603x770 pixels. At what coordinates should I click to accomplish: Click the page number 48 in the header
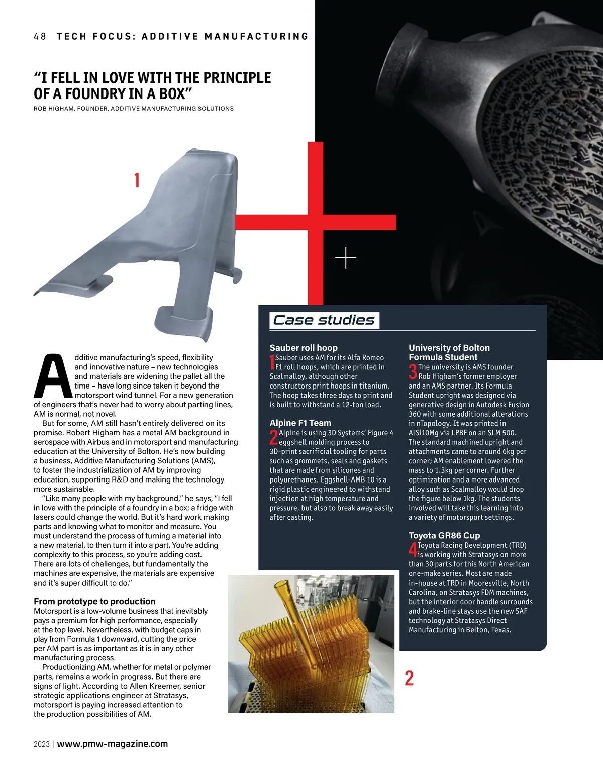[x=40, y=36]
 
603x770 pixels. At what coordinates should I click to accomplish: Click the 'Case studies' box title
[x=324, y=320]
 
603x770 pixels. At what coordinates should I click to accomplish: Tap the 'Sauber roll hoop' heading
[x=304, y=348]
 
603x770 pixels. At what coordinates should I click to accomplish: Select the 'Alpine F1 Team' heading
[x=300, y=423]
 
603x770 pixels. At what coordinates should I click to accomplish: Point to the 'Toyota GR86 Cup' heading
[x=444, y=536]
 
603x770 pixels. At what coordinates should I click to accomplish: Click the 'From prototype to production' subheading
[x=94, y=601]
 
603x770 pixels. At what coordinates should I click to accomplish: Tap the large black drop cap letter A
[x=53, y=376]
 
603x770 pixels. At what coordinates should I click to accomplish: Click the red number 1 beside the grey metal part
[x=137, y=180]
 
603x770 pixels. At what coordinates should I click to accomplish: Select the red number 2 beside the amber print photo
[x=409, y=678]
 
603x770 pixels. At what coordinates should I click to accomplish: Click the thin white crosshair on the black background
[x=346, y=258]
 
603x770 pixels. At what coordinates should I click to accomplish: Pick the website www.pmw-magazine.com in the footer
[x=113, y=744]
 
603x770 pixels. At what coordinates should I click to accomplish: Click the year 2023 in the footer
[x=42, y=744]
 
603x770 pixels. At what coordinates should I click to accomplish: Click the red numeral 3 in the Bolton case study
[x=413, y=372]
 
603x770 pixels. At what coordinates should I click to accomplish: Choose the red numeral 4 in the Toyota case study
[x=413, y=550]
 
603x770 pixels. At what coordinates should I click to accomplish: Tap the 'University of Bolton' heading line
[x=449, y=348]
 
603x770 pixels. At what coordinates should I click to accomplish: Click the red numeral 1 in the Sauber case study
[x=272, y=362]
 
